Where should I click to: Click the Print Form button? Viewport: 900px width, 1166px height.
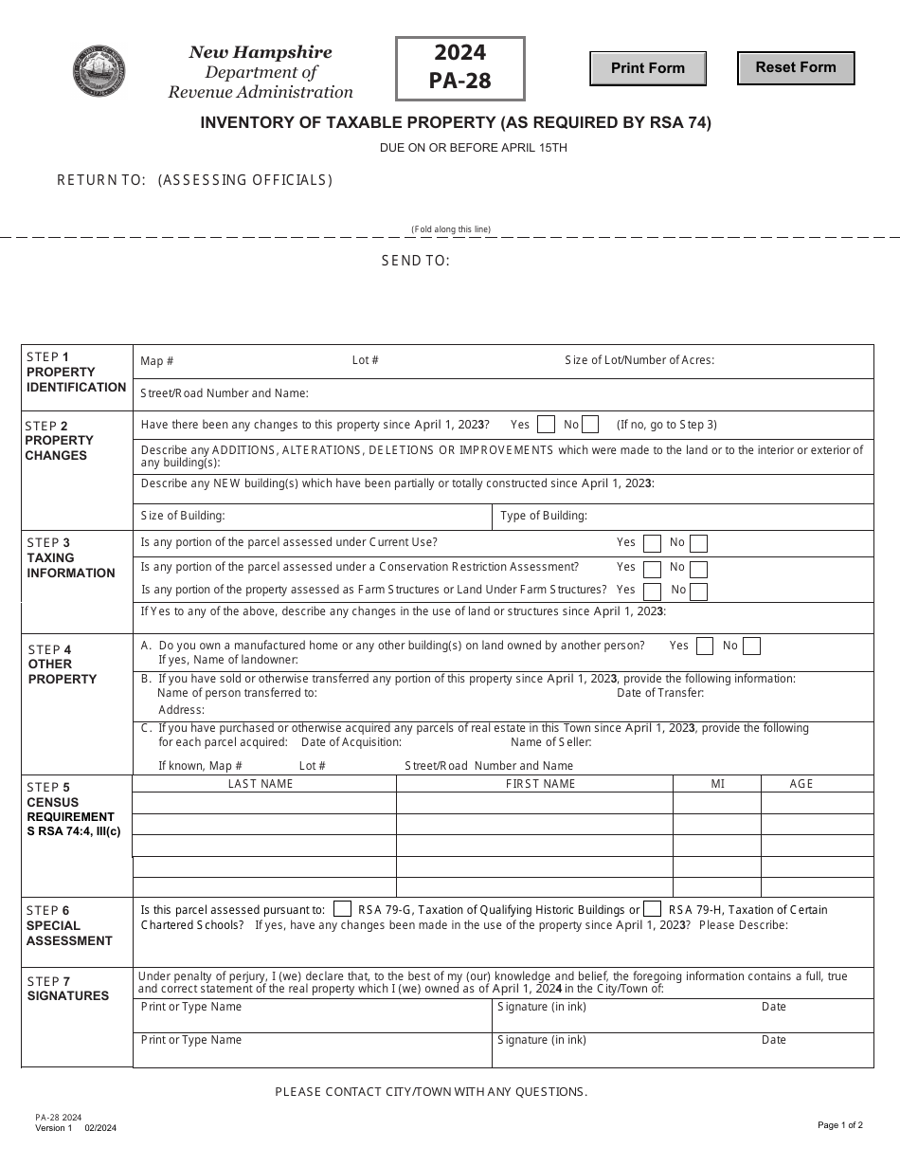pos(648,68)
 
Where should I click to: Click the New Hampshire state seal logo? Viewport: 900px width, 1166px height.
pos(99,71)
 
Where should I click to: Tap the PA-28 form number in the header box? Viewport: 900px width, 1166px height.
pos(459,81)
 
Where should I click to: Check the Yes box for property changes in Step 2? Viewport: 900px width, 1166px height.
pos(546,425)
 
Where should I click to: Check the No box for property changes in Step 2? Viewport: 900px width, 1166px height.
pos(590,425)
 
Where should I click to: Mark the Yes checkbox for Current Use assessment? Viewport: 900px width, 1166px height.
pos(652,543)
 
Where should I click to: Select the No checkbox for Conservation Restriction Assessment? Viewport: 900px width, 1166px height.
pos(698,569)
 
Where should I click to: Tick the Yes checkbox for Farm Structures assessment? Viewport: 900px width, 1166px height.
pos(652,592)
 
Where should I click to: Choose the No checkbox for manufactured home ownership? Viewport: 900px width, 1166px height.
pos(751,647)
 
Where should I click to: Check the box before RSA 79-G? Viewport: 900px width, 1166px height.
pos(343,908)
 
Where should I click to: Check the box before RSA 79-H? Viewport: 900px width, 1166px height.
pos(652,908)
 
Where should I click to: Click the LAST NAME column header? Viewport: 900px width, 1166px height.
pos(261,784)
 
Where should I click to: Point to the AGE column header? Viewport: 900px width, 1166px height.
pos(801,784)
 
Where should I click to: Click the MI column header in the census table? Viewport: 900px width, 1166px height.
pos(718,784)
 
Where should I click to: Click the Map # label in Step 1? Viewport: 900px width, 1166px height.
pos(157,361)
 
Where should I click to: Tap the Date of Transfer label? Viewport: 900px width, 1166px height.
pos(660,693)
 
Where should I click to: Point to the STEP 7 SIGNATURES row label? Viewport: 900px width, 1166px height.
pos(68,989)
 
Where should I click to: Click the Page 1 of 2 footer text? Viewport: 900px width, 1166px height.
pos(840,1125)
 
